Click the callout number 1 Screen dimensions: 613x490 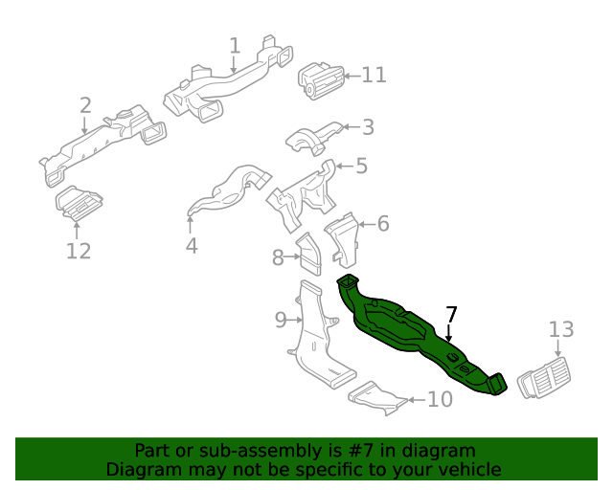235,46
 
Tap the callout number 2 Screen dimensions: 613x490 85,105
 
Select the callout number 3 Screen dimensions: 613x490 368,127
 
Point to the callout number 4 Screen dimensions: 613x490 192,246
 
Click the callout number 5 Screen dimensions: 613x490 362,166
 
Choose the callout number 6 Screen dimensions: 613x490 383,224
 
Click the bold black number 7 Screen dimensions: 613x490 451,315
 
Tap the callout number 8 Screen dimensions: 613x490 278,257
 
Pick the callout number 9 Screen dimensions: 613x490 281,320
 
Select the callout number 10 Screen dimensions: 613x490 441,399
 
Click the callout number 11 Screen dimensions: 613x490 375,75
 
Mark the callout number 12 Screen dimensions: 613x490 79,251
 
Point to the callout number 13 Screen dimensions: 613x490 561,329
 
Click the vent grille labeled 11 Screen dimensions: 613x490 322,81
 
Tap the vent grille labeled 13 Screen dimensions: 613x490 544,377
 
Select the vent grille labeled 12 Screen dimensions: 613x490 79,203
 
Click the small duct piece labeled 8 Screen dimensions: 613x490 309,254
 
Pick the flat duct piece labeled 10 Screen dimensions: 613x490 377,398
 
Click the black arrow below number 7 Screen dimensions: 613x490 449,333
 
